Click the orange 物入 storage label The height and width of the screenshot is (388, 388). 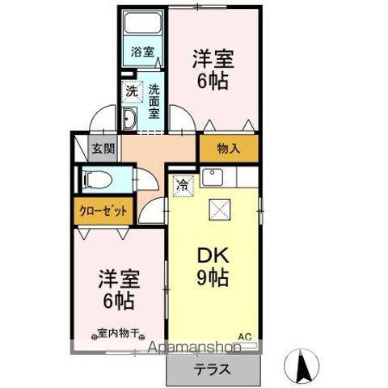pyautogui.click(x=230, y=148)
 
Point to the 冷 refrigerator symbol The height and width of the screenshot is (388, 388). pyautogui.click(x=183, y=185)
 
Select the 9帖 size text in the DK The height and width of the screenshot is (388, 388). pyautogui.click(x=213, y=279)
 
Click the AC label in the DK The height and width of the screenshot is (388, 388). pyautogui.click(x=243, y=336)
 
